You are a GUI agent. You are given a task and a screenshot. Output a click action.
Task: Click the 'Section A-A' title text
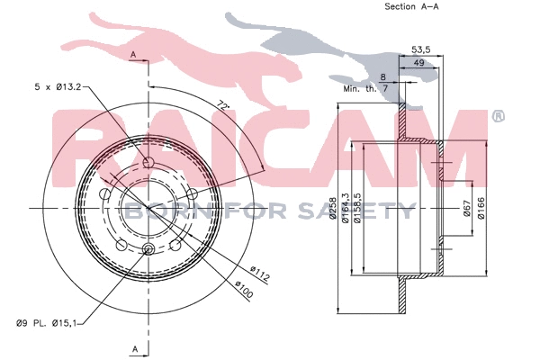412,6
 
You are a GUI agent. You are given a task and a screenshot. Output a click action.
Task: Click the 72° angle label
223,105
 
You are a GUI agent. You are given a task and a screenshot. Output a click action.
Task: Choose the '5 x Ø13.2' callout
55,87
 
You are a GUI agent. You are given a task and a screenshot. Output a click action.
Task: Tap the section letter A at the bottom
134,347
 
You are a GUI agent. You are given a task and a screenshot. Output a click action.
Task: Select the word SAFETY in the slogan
370,211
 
